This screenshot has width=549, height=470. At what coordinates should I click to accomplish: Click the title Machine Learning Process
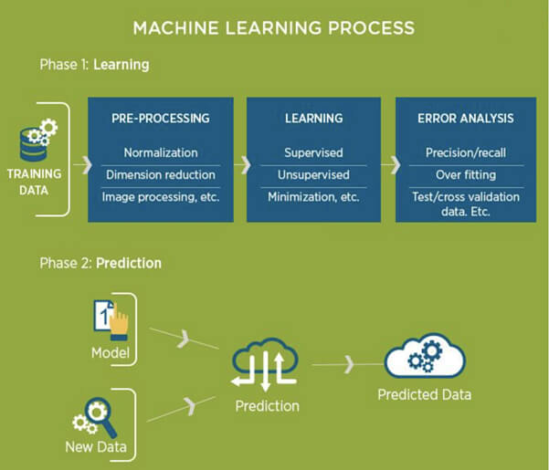pyautogui.click(x=273, y=27)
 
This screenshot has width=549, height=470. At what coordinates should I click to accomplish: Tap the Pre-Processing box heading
pyautogui.click(x=161, y=118)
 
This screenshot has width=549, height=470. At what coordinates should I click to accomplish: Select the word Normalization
pyautogui.click(x=161, y=152)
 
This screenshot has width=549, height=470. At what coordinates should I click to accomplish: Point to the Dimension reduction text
pyautogui.click(x=161, y=174)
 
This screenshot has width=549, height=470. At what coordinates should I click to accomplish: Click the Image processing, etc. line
pyautogui.click(x=161, y=196)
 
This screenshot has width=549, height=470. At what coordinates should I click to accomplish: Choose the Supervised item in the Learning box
pyautogui.click(x=314, y=152)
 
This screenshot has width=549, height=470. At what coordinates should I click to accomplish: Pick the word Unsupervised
pyautogui.click(x=314, y=174)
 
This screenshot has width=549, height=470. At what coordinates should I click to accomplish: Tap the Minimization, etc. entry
pyautogui.click(x=314, y=196)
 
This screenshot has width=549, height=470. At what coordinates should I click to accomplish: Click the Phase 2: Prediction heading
pyautogui.click(x=100, y=263)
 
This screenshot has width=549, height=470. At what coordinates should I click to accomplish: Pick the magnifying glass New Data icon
pyautogui.click(x=96, y=416)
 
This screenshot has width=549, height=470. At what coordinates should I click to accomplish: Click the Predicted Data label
pyautogui.click(x=425, y=396)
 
